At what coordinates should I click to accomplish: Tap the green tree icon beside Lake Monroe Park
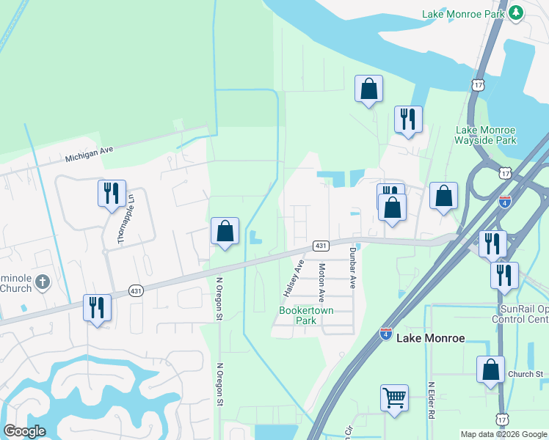point(516,13)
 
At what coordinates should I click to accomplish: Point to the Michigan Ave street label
point(89,154)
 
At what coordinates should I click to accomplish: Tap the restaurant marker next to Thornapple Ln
point(112,194)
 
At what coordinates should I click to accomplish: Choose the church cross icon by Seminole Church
point(43,282)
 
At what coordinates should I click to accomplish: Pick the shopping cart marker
point(394,398)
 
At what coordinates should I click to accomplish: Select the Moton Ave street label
point(321,282)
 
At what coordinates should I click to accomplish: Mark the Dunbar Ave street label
point(352,269)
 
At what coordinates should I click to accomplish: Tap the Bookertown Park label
point(307,315)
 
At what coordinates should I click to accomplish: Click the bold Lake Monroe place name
point(431,338)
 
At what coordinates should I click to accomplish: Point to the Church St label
point(524,374)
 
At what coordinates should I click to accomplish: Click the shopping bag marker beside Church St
point(490,370)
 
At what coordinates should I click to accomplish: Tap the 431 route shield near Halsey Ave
point(320,245)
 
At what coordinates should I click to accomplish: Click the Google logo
point(24,431)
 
